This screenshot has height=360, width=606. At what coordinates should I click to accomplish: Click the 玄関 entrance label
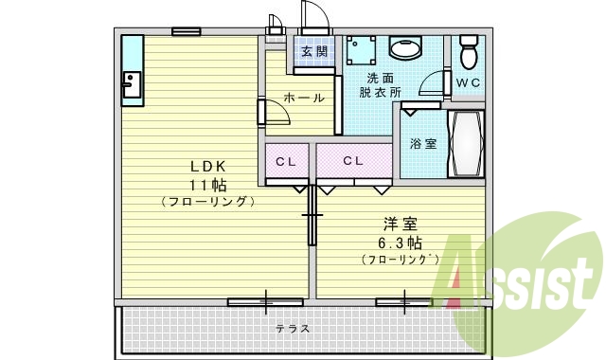tap(314, 51)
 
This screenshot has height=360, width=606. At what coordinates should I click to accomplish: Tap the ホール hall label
tap(303, 98)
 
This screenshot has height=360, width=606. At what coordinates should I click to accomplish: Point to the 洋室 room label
tap(400, 225)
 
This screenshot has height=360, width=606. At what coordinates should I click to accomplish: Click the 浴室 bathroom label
tap(423, 144)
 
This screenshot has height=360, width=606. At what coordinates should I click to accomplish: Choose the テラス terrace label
tap(293, 329)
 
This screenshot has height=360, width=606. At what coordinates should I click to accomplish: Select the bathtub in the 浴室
tap(466, 144)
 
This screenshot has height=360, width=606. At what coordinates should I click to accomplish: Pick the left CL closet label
tap(286, 161)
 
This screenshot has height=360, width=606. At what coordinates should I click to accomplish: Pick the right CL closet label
tap(353, 161)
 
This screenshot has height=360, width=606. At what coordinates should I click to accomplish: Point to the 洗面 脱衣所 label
tap(381, 85)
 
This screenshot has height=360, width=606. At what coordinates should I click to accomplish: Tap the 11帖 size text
tap(205, 184)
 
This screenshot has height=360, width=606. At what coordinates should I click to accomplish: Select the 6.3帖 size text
tap(400, 242)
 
